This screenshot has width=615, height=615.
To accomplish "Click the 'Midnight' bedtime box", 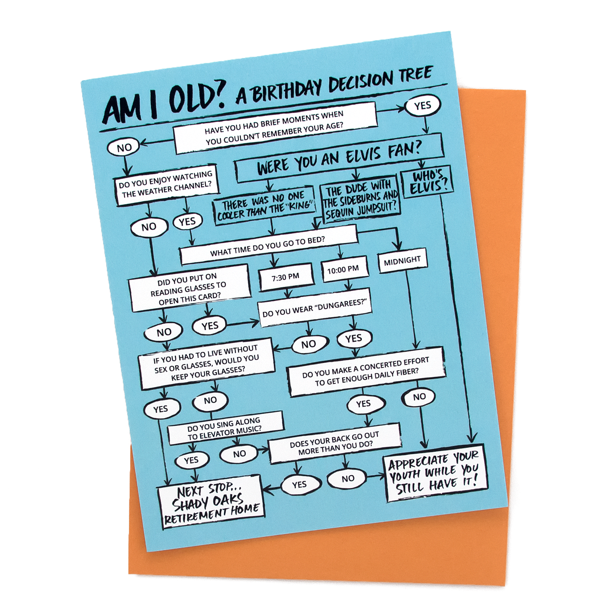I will (402, 261).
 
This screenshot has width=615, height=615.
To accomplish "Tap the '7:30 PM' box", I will (286, 277).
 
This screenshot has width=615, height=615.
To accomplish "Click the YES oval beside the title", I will (422, 106).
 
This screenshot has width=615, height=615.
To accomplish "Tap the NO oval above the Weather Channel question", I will (124, 148).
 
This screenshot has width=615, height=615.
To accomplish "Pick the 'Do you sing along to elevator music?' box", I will (225, 428).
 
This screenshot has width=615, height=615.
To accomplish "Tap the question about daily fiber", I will (366, 372).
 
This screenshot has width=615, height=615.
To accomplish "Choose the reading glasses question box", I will (189, 289).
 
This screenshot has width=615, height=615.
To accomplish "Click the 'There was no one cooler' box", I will (264, 206).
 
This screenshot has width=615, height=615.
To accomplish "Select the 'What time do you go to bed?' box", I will (268, 245).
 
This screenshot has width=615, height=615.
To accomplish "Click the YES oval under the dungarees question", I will (354, 339).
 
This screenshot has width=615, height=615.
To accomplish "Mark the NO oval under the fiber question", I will (419, 397).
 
